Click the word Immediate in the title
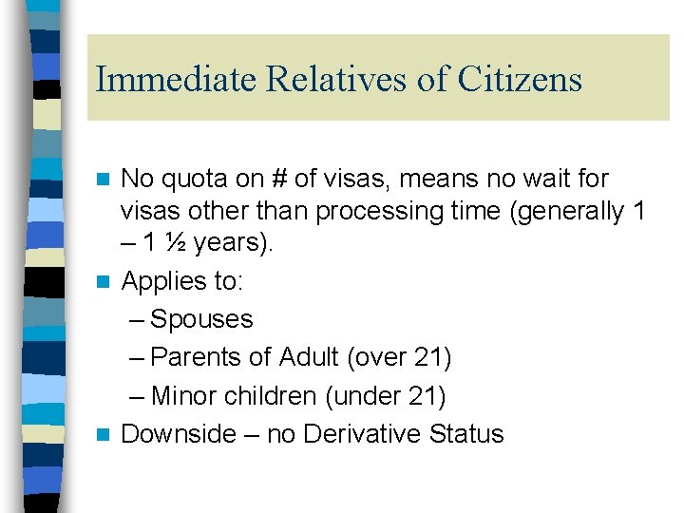tap(177, 79)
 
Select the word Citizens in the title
tap(520, 79)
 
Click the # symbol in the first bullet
tap(284, 179)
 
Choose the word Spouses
tap(201, 319)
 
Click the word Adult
tap(309, 357)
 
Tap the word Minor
tap(185, 395)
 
